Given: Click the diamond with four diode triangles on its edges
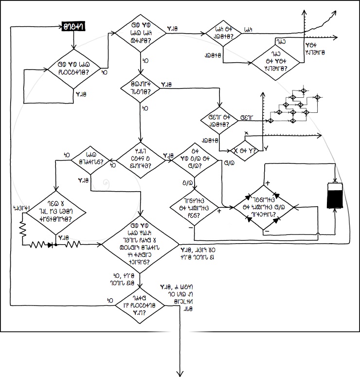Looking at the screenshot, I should (x=265, y=208).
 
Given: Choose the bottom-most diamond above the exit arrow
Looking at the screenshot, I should (x=140, y=305).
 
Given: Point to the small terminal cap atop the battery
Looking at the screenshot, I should (x=335, y=180).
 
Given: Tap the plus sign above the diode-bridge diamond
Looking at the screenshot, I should (x=268, y=182).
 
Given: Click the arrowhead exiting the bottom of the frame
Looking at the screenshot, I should (x=181, y=373).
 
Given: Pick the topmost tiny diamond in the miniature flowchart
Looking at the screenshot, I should (x=301, y=91).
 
